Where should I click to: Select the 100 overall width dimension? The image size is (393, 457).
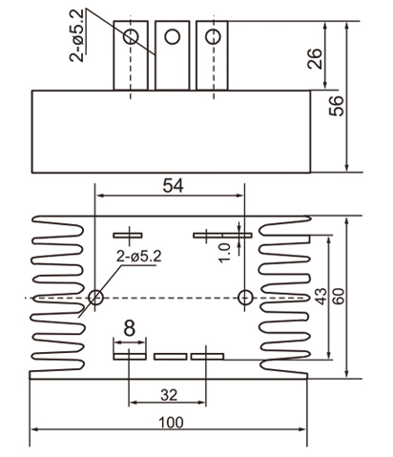click(x=170, y=421)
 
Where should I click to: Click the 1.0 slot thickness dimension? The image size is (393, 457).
click(x=225, y=250)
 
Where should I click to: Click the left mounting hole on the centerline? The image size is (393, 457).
click(x=95, y=298)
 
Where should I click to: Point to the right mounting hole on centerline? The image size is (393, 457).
click(x=246, y=297)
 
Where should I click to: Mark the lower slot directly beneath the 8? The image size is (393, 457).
click(x=127, y=356)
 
